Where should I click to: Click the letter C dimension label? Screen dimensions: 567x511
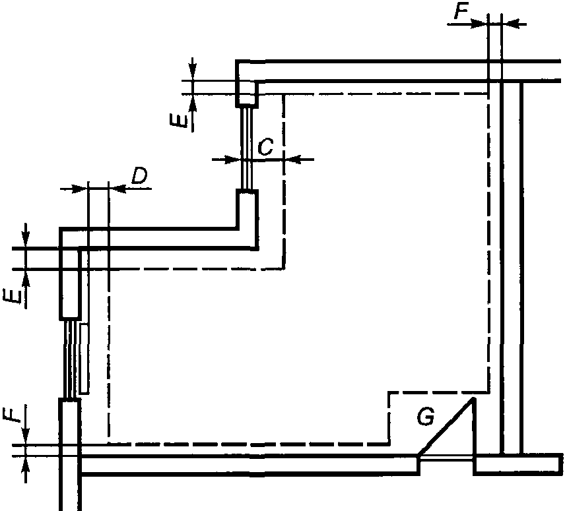265,147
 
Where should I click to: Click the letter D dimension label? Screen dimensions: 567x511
139,176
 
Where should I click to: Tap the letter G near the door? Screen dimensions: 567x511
425,417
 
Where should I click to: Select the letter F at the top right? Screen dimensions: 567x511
461,12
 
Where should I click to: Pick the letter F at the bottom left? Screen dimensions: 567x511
10,413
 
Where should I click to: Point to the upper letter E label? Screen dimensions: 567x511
179,119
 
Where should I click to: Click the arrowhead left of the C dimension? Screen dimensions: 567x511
233,160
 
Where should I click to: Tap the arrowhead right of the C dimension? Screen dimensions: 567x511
293,160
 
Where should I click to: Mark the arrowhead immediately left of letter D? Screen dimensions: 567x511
117,189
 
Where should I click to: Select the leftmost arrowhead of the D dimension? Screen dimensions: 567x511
80,189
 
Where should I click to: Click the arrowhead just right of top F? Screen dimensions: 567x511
479,24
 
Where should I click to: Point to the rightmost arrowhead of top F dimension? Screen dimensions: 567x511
510,24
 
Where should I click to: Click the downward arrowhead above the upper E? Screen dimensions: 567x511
193,72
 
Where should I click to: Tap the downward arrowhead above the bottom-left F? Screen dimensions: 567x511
25,436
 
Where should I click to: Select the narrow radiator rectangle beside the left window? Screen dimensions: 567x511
84,359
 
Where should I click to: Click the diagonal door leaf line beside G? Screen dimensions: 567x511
446,427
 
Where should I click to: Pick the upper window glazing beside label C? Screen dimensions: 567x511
247,148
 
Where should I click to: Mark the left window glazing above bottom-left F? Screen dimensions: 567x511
71,359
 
